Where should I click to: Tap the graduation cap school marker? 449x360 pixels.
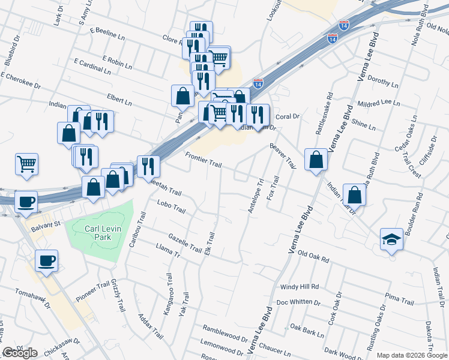coord(391,239)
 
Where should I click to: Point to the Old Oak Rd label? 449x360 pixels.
coord(314,257)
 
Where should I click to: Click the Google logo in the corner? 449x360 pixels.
coord(20,352)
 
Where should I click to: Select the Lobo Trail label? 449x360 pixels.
coord(172,208)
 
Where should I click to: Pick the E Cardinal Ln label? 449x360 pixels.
coord(92,67)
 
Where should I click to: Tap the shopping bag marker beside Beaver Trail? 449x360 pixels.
coord(316,160)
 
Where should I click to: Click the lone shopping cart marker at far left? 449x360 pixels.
coord(27,164)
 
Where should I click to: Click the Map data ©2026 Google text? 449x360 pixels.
coord(412,355)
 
